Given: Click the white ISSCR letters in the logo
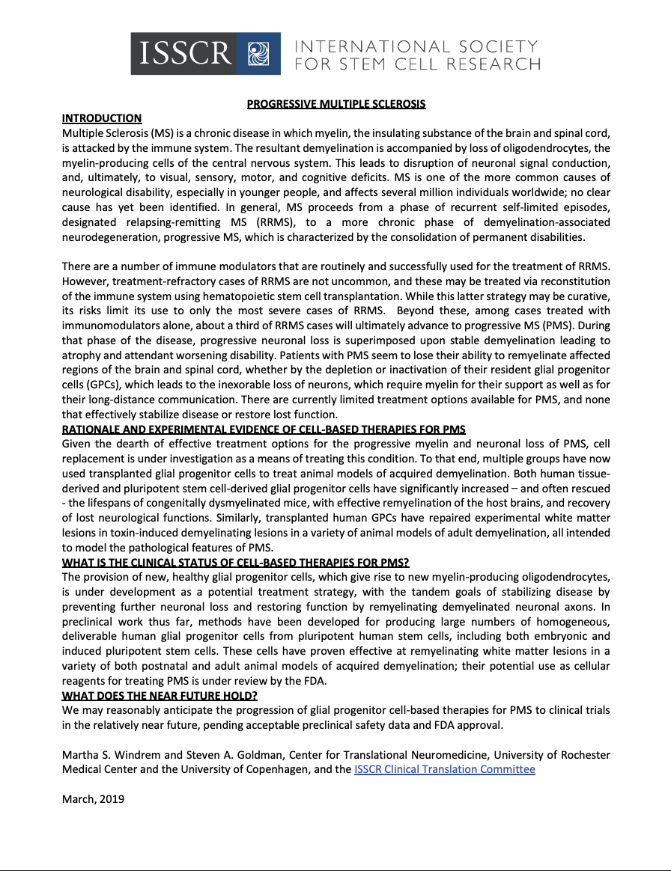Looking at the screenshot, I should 182,54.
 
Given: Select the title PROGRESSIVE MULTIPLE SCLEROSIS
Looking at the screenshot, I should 336,104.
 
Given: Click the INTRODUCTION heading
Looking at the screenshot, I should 101,118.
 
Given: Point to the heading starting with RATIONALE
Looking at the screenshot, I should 264,429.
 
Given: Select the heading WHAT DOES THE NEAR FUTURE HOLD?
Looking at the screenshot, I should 160,695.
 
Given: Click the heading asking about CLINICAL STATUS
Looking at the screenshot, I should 235,562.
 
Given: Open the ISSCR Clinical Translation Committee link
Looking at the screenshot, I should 445,768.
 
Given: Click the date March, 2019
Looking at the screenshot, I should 93,798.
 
